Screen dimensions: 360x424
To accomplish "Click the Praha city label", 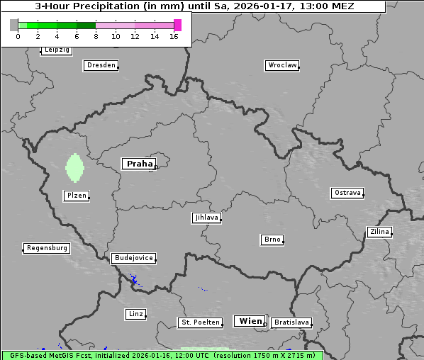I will tap(139, 164).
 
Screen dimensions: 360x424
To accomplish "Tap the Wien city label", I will tap(250, 321).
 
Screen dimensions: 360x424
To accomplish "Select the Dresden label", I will tap(100, 65).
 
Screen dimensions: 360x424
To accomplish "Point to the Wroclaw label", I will tap(281, 65).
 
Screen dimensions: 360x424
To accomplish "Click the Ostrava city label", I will tap(347, 193).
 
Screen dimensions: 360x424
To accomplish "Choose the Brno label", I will tap(272, 240).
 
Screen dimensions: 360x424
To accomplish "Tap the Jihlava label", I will tap(206, 218).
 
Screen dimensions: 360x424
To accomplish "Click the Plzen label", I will tap(76, 196).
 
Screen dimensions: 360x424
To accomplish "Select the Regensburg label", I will tap(47, 248).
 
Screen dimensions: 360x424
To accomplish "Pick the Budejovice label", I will tap(133, 258).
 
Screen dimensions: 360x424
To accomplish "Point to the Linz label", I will tap(135, 313).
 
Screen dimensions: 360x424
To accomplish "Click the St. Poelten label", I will tap(199, 322).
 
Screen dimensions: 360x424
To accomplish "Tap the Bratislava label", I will tap(291, 322).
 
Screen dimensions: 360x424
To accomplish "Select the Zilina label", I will tap(379, 232).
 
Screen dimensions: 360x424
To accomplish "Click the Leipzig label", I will tap(56, 50).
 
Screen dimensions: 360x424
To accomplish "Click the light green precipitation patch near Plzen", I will tap(74, 169).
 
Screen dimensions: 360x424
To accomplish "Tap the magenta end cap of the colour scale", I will tap(177, 25).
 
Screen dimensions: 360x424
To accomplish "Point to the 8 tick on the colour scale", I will tap(96, 36).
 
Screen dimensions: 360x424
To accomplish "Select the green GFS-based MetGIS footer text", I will tap(162, 355).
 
